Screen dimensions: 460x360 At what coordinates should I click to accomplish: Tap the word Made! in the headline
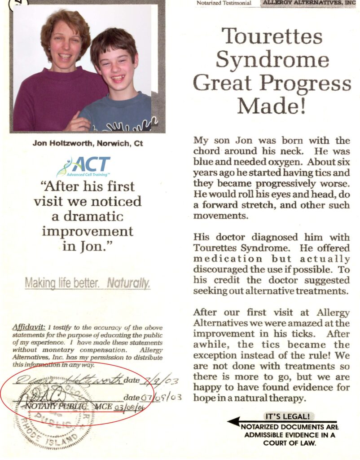coord(272,106)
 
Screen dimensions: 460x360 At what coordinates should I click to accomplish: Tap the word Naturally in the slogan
coord(128,283)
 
